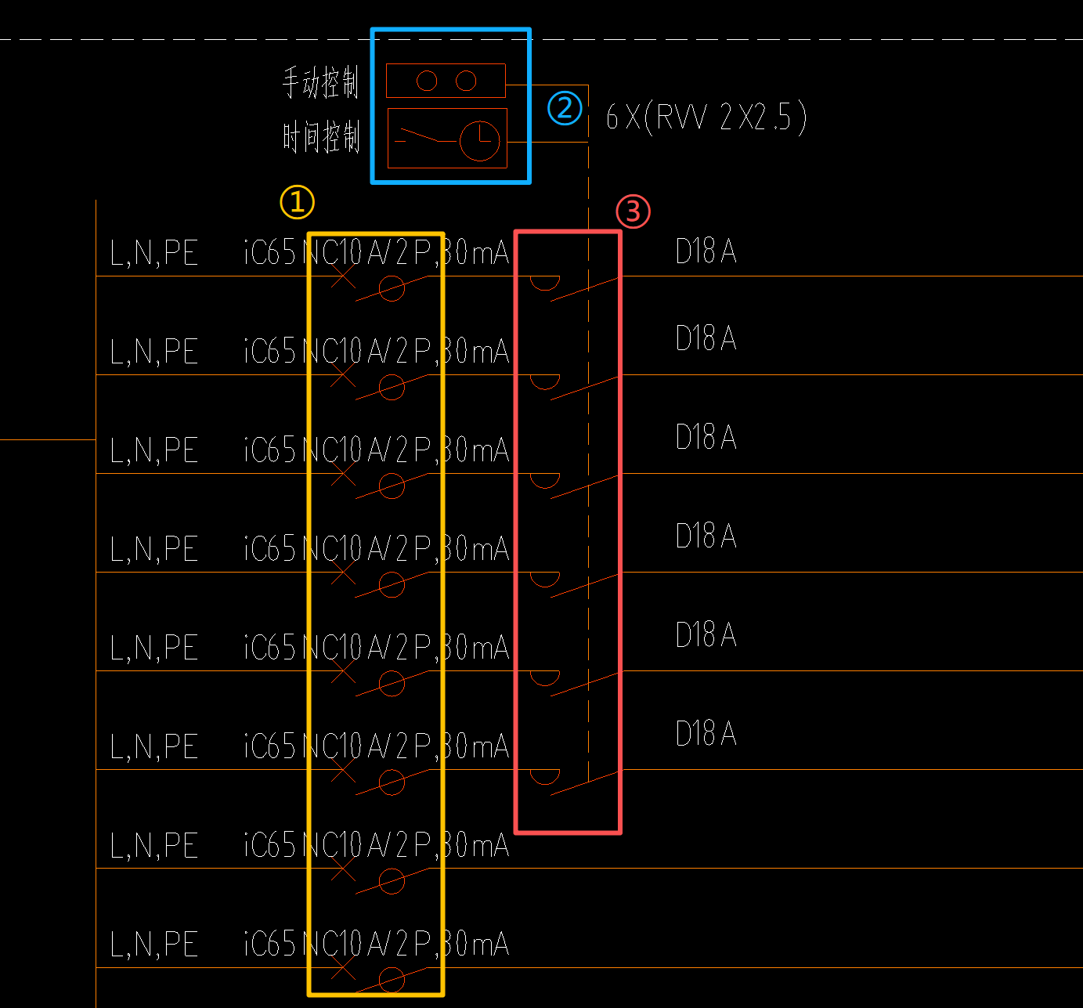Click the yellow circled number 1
298,202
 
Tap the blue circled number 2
565,108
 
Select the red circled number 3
633,211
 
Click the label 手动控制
320,82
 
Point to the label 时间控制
320,137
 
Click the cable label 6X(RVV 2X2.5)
706,117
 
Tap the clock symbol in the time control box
479,141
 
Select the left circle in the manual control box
427,81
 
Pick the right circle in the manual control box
466,81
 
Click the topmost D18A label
706,251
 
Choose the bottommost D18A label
706,734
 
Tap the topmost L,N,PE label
154,254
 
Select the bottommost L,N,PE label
154,945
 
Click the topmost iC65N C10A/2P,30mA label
376,253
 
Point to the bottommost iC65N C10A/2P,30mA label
376,945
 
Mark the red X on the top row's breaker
343,276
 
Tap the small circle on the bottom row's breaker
392,979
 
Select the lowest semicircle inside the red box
545,775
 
